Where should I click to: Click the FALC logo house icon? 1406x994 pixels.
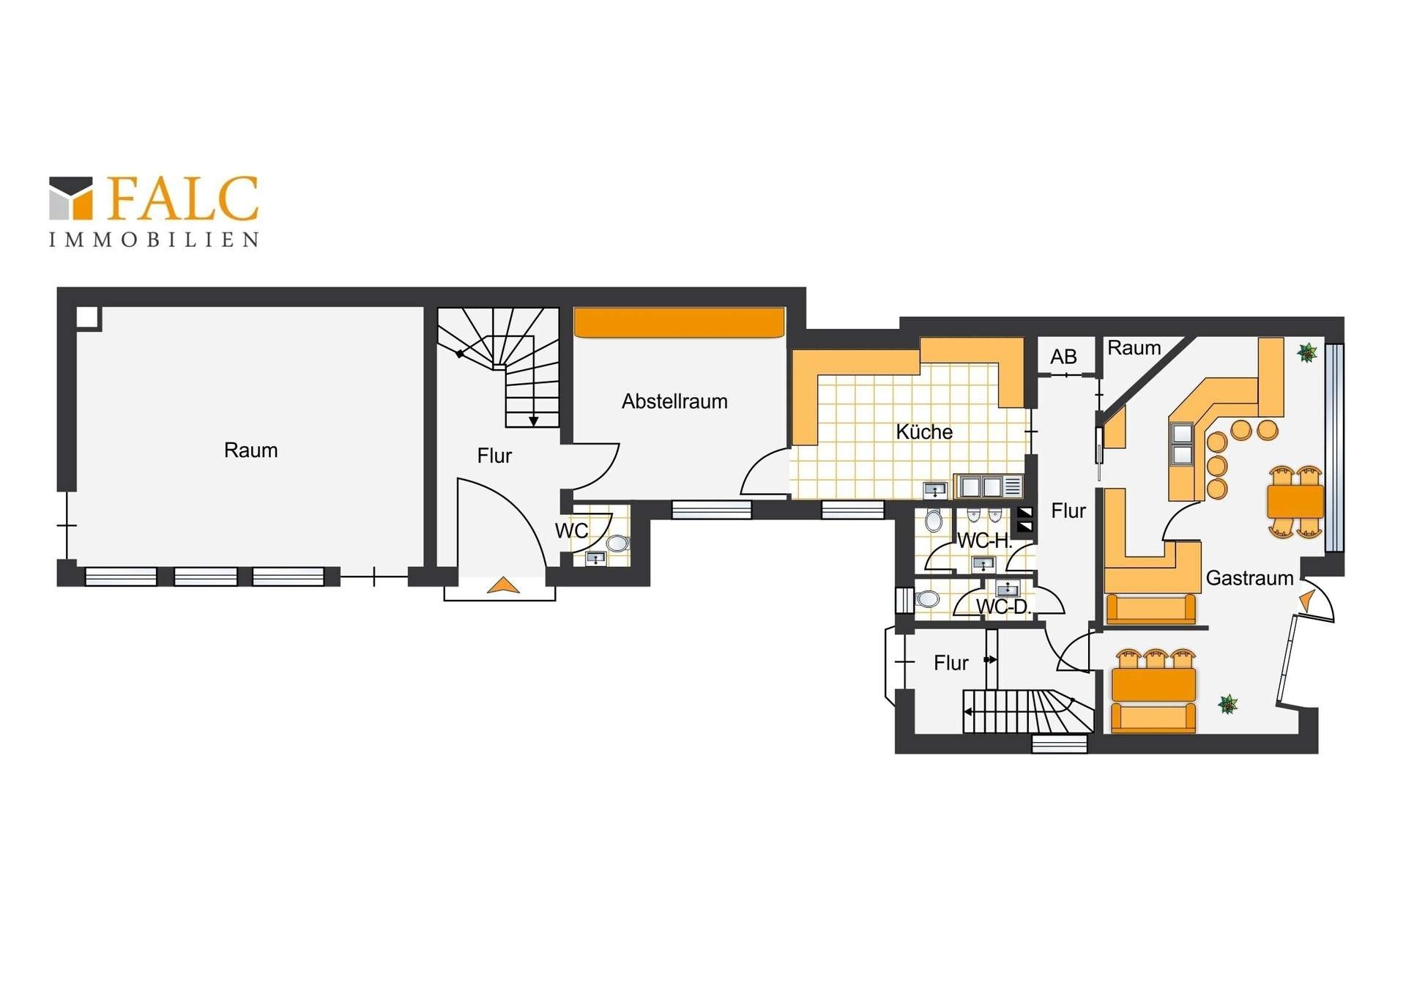pos(71,198)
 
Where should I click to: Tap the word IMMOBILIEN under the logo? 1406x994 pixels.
pos(154,240)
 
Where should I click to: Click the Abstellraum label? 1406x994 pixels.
pos(674,401)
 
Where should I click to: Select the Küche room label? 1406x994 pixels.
pos(924,431)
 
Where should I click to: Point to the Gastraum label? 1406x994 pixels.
pos(1249,578)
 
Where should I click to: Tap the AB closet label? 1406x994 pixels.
pos(1063,357)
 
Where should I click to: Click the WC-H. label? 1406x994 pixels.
pos(985,541)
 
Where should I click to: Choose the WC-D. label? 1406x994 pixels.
pos(1003,607)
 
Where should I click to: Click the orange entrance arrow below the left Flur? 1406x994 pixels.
pos(503,585)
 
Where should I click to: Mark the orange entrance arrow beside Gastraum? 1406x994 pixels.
pos(1306,601)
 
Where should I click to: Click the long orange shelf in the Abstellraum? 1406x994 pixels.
pos(680,322)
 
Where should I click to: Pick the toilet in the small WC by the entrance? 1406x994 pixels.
pos(617,543)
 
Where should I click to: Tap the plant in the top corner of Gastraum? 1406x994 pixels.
pos(1307,353)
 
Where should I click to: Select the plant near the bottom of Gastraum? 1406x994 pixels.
pos(1228,705)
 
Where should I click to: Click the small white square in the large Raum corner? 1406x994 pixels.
pos(88,317)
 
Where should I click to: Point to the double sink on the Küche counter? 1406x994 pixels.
pos(981,486)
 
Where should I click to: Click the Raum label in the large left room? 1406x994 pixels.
pos(250,450)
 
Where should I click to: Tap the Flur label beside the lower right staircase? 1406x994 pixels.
pos(951,663)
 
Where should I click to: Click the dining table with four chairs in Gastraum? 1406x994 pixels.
pos(1295,502)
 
